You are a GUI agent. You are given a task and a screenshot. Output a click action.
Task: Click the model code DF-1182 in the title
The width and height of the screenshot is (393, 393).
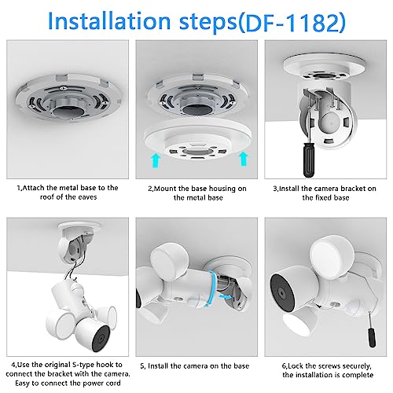click(292, 22)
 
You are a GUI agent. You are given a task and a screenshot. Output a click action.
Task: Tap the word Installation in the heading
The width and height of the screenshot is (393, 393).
click(109, 21)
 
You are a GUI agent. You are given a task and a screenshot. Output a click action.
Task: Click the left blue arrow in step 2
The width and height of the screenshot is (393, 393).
click(156, 160)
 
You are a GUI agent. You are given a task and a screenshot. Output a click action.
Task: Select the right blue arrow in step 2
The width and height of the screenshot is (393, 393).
click(244, 160)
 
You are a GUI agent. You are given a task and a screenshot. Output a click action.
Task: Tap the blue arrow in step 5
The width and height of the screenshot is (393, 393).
click(226, 296)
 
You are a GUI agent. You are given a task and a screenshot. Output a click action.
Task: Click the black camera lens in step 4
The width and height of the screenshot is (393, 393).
click(101, 339)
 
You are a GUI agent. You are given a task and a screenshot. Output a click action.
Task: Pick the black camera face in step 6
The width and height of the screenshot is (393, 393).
click(281, 292)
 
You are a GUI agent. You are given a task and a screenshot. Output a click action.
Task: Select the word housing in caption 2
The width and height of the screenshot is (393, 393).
click(222, 189)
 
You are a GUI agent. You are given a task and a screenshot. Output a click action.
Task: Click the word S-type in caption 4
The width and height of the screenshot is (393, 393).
click(83, 365)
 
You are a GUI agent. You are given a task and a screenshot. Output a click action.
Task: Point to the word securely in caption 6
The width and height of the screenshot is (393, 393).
click(357, 366)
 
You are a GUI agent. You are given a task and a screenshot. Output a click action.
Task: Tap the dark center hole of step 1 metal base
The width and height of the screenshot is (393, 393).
click(68, 111)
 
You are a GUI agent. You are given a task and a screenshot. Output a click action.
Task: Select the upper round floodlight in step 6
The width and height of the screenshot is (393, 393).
click(332, 255)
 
